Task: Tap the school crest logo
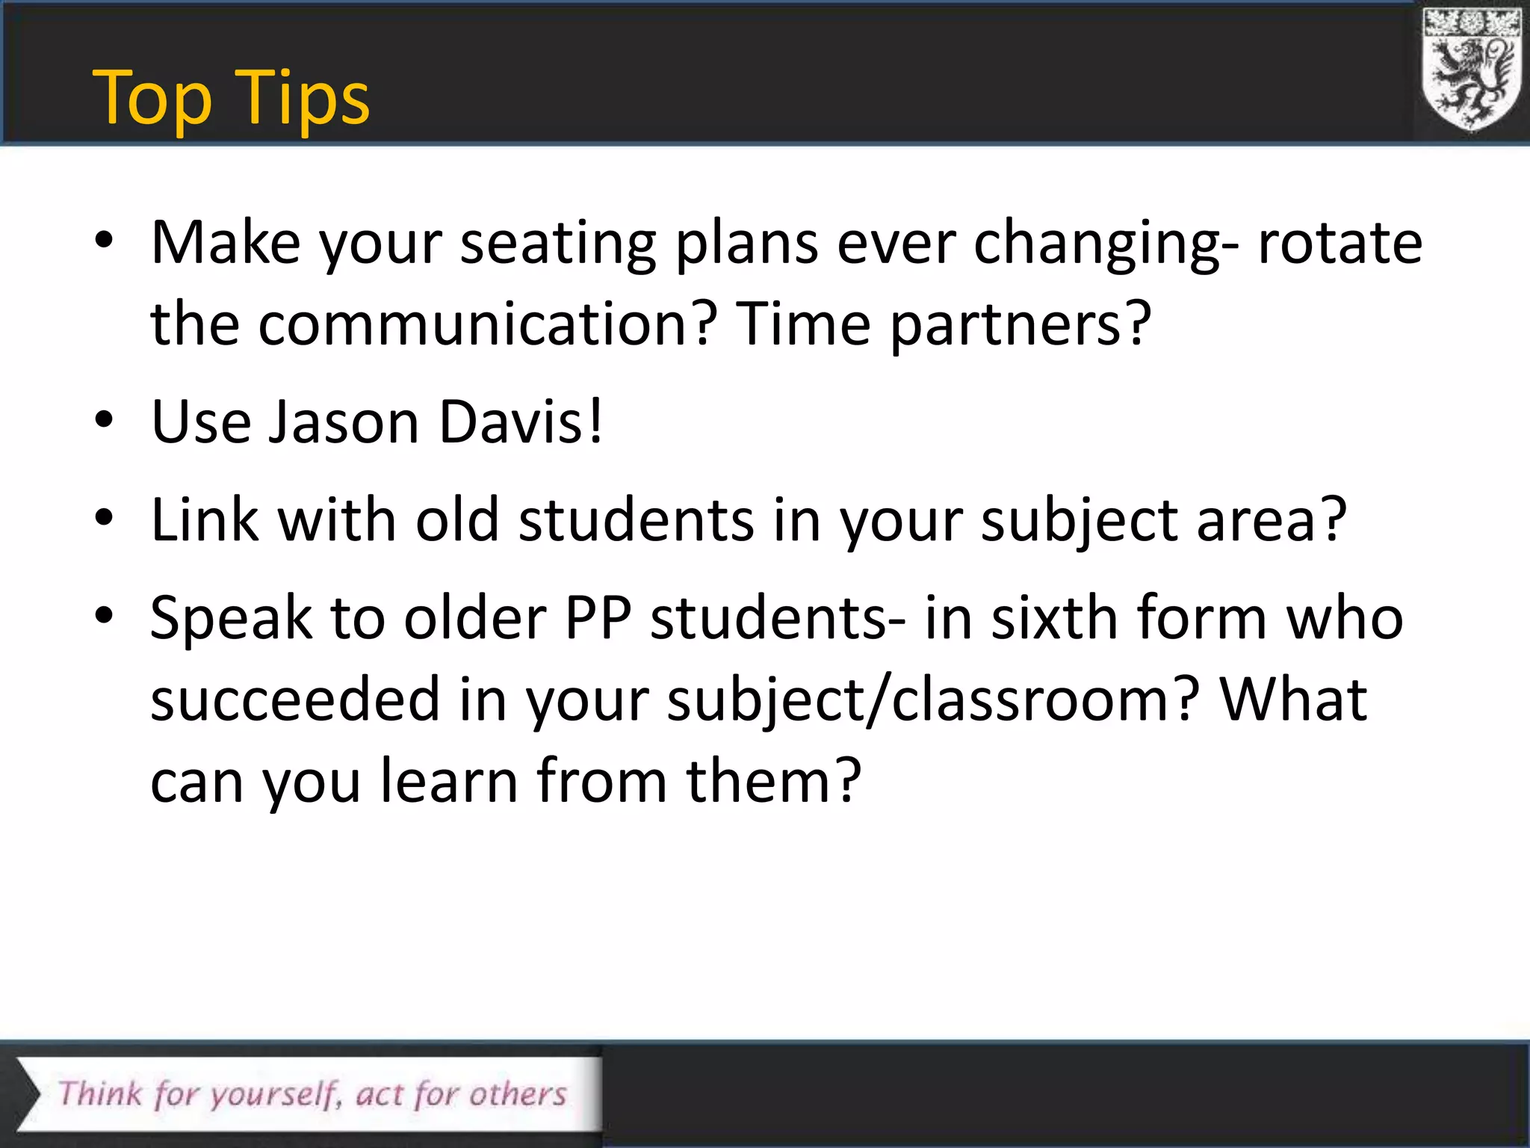pyautogui.click(x=1471, y=70)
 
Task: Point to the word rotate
pyautogui.click(x=1339, y=244)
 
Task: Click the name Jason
pyautogui.click(x=344, y=422)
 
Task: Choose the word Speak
pyautogui.click(x=231, y=619)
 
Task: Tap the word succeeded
pyautogui.click(x=295, y=700)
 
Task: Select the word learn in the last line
pyautogui.click(x=448, y=782)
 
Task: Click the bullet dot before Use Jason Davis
pyautogui.click(x=104, y=420)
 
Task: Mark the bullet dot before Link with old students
pyautogui.click(x=104, y=517)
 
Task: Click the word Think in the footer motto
pyautogui.click(x=100, y=1094)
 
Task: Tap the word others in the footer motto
pyautogui.click(x=518, y=1094)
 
